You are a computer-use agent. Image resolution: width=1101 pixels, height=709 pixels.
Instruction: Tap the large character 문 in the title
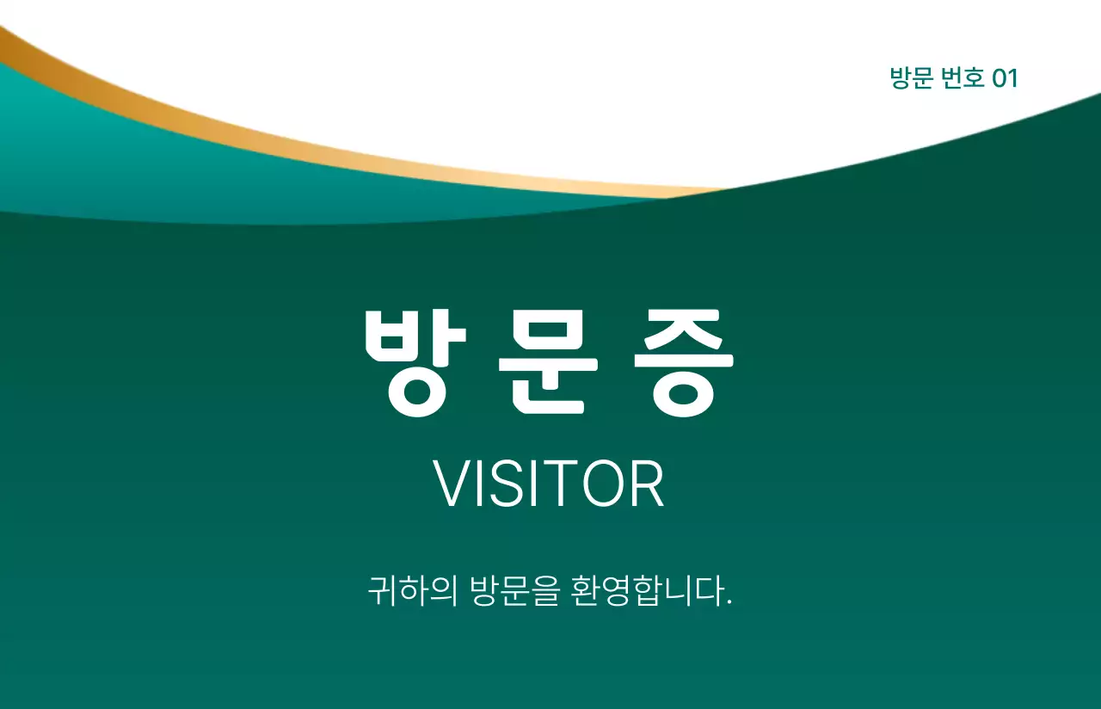548,361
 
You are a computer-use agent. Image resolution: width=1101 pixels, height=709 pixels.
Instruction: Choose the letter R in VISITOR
647,484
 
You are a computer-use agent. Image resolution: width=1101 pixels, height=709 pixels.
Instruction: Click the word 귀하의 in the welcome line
412,592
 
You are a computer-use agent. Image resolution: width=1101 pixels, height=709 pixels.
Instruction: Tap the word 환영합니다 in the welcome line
645,592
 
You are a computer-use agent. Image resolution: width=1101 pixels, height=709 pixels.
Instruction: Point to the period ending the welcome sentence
729,602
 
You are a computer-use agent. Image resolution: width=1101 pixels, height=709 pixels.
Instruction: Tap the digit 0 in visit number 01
1000,78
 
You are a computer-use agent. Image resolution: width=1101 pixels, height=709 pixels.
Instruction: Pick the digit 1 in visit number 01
1013,78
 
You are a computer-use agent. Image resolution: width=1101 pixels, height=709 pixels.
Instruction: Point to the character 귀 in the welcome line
381,592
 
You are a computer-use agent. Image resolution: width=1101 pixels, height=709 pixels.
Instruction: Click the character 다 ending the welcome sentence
710,592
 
